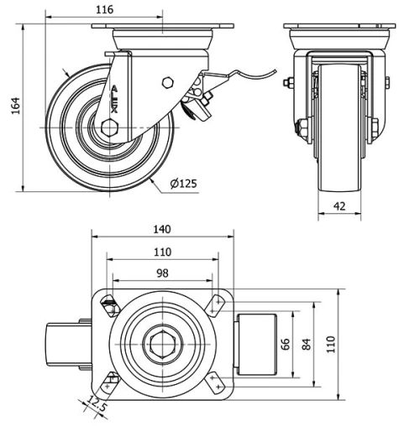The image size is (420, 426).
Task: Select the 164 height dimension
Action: [13, 107]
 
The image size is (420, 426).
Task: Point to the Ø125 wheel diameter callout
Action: [183, 184]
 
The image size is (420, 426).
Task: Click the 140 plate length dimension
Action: [163, 229]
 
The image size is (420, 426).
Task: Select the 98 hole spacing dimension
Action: [163, 273]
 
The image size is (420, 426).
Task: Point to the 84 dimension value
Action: [307, 343]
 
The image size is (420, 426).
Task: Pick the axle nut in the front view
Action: [300, 127]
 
